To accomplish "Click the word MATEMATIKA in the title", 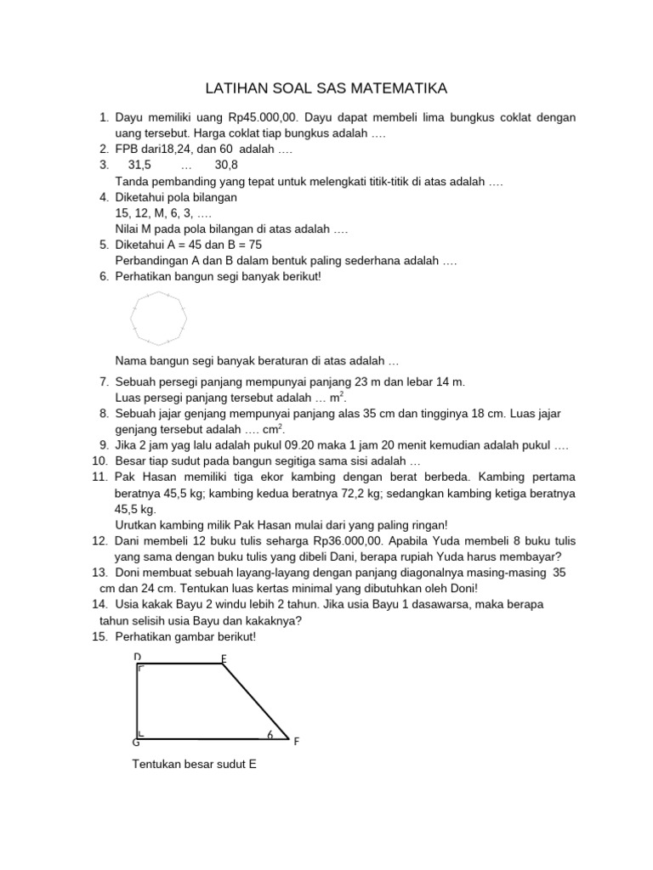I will coord(398,88).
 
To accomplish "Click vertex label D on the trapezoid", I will coord(137,657).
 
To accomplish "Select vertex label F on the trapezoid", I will coord(296,742).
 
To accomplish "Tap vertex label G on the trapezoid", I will coord(136,742).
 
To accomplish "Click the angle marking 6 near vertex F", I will coord(269,734).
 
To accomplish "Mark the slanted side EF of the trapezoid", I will coord(255,702).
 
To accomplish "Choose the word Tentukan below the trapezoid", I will coord(157,765).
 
